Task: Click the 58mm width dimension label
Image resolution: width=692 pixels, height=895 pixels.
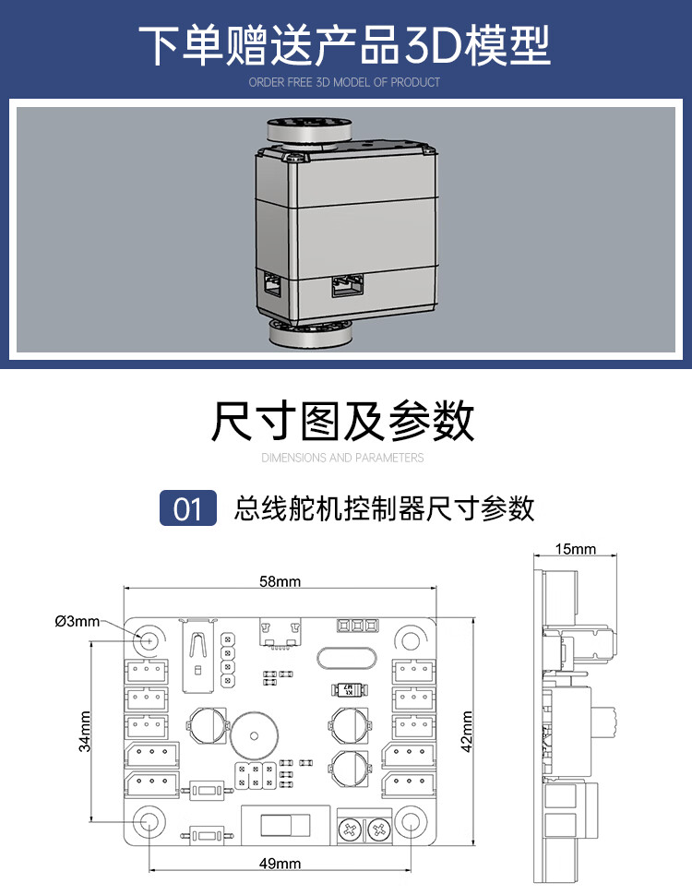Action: point(280,582)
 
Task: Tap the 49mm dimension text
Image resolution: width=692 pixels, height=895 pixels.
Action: point(280,865)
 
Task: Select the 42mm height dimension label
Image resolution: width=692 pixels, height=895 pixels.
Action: point(467,731)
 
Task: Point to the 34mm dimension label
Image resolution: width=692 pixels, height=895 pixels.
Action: point(85,731)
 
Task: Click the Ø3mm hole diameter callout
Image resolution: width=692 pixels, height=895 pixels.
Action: point(77,621)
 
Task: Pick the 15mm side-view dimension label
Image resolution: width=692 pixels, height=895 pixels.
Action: point(575,550)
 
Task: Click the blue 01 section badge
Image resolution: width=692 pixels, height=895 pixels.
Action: point(187,507)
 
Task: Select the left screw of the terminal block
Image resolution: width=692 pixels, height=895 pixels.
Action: point(351,830)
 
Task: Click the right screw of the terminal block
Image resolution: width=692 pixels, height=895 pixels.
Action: point(377,830)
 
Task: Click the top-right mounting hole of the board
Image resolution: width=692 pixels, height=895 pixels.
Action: point(409,639)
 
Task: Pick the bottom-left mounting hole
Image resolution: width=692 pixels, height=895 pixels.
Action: point(148,821)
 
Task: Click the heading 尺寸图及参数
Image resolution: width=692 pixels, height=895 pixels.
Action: point(343,422)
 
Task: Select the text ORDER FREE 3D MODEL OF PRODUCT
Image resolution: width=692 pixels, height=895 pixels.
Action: point(344,82)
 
